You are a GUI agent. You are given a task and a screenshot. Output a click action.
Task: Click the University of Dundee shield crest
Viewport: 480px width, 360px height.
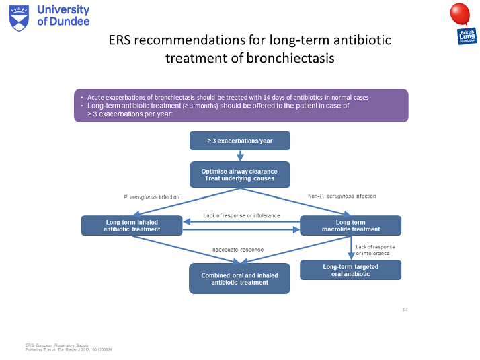tap(19, 16)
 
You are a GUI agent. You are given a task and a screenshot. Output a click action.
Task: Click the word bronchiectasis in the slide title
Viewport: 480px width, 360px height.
tap(291, 58)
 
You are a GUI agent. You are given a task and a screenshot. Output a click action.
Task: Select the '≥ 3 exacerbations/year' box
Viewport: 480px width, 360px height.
tap(240, 141)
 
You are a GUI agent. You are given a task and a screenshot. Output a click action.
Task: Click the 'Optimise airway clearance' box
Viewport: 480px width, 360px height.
tap(240, 175)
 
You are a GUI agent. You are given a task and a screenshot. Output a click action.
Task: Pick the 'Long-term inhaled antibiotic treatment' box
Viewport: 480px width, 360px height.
tap(132, 225)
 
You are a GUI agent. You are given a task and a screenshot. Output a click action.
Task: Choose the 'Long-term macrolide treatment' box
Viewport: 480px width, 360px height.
tap(350, 225)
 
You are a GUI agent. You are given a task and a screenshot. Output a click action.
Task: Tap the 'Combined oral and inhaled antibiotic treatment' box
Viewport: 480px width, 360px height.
tap(240, 279)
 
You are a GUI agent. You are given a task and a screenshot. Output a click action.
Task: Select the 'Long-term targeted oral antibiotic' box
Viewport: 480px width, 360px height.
tap(350, 271)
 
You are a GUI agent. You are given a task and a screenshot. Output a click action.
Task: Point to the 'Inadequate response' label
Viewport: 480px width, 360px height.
tap(237, 250)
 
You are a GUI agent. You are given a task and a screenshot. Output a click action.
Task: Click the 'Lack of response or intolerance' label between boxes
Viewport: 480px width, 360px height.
tap(241, 216)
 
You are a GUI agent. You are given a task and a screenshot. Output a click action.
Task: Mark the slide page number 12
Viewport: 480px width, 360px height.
tap(405, 309)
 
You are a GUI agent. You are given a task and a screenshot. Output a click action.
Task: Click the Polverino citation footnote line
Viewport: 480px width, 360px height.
tap(65, 350)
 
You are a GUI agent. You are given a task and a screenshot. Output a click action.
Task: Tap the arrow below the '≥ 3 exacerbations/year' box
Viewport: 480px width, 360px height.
tap(240, 156)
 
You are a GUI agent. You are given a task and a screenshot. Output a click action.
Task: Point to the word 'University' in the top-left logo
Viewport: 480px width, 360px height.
tap(64, 10)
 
